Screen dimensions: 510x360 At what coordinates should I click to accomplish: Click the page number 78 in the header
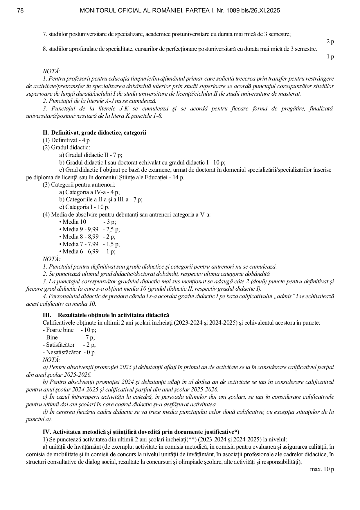[20, 11]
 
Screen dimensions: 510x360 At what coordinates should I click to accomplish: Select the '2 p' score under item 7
[330, 42]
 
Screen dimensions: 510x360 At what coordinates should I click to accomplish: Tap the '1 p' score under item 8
[330, 57]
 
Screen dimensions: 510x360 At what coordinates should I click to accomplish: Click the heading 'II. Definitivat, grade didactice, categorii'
[94, 133]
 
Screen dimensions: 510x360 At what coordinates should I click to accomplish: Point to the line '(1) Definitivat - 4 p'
[66, 140]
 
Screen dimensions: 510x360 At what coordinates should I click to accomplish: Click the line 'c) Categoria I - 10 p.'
[84, 207]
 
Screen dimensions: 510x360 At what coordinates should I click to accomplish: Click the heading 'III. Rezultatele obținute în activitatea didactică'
[106, 315]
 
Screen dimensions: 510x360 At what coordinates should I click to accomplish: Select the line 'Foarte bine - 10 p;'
[69, 330]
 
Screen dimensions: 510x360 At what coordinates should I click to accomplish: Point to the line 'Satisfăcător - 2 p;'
[69, 345]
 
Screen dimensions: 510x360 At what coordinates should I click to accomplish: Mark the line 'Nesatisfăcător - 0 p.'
[69, 352]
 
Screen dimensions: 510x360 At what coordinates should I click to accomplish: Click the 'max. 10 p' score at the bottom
[322, 469]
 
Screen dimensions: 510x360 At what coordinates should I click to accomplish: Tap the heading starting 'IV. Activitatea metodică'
[141, 432]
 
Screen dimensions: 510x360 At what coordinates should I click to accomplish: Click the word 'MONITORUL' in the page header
[96, 11]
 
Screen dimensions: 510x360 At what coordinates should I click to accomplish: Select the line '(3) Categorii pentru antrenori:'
[79, 185]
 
